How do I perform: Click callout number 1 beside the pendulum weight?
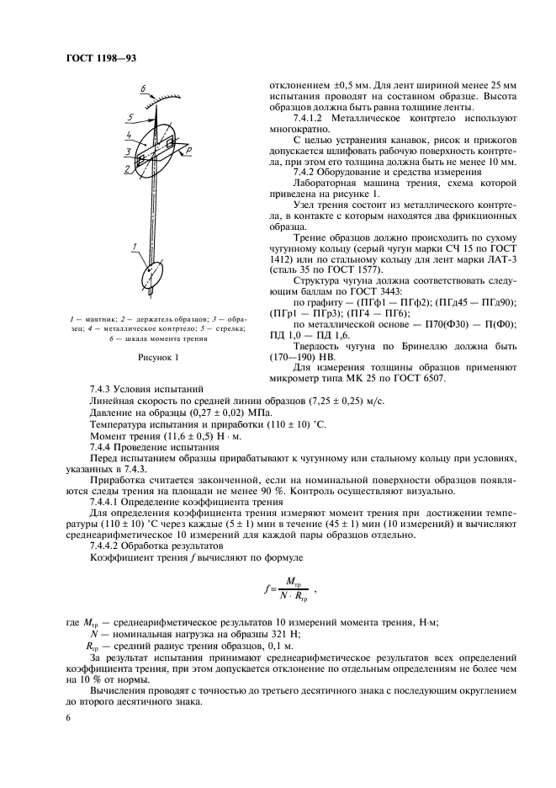tap(132, 246)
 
